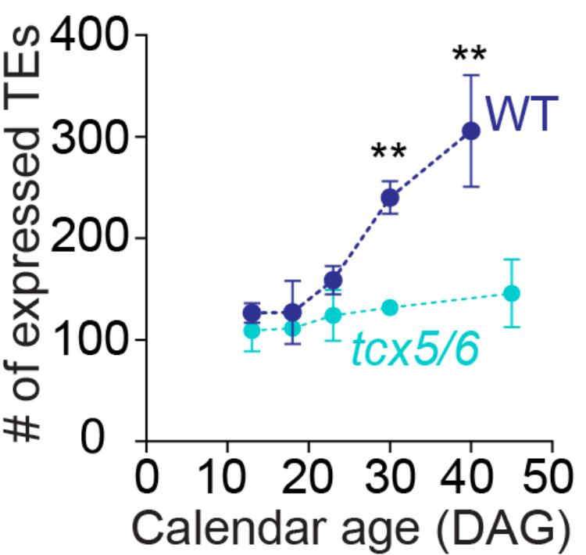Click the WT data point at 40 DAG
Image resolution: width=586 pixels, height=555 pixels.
470,131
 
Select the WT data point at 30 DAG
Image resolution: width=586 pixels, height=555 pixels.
390,198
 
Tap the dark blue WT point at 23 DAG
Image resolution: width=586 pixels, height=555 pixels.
333,281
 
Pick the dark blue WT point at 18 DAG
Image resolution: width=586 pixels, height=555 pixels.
292,313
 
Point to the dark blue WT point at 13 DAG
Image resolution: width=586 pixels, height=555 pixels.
252,313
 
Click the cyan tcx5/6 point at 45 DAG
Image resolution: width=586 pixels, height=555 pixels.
512,293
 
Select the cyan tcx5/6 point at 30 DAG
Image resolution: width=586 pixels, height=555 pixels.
390,307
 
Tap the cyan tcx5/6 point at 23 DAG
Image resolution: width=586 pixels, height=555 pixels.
333,315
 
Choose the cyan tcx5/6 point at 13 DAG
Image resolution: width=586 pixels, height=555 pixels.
252,331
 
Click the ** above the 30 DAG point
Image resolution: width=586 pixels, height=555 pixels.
388,150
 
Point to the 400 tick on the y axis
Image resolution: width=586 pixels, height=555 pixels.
86,35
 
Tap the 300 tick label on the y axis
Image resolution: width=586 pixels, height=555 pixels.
86,137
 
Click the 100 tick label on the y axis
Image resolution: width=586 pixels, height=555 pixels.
86,340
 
